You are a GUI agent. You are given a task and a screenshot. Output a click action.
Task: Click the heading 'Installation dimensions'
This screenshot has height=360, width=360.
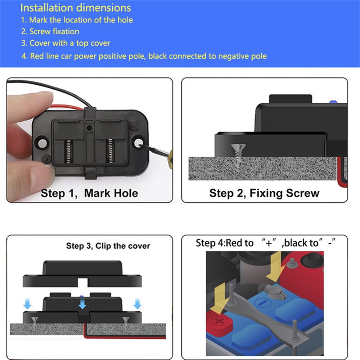[x=76, y=8]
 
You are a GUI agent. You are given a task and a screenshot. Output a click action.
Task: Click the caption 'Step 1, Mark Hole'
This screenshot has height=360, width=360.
[x=89, y=193]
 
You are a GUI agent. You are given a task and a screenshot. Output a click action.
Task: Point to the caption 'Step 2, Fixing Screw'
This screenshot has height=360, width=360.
[x=264, y=193]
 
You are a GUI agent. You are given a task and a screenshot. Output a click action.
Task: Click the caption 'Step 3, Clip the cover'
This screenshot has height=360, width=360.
[x=108, y=246]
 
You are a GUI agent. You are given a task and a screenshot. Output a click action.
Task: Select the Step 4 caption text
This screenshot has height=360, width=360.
[x=266, y=243]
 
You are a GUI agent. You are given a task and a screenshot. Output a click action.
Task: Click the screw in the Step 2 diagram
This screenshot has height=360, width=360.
[x=238, y=155]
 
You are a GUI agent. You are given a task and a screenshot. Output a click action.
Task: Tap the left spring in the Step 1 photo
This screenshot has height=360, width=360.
[x=68, y=152]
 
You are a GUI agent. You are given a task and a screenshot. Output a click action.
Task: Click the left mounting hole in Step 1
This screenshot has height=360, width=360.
[x=42, y=143]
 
